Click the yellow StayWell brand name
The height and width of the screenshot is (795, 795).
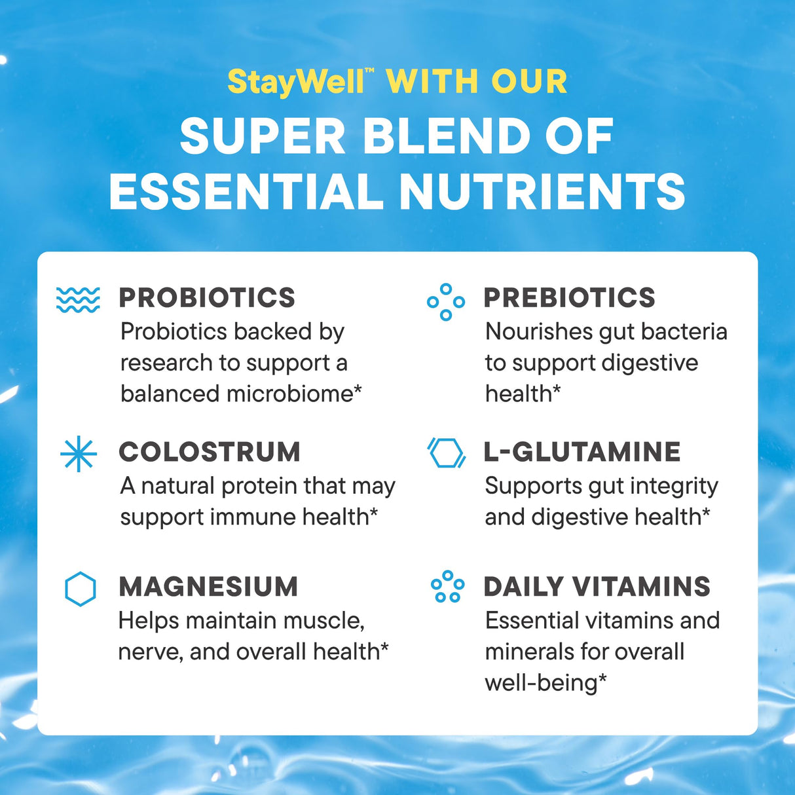pos(295,83)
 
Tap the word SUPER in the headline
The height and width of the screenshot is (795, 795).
pos(262,137)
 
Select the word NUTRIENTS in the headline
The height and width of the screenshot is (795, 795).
pos(542,191)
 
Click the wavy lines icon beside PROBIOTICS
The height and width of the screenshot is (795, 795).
pos(78,299)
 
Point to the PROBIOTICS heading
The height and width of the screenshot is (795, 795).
pos(207,298)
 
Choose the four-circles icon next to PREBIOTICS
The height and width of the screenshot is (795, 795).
pos(446,302)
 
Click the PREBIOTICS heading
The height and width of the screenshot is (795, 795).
pos(569,298)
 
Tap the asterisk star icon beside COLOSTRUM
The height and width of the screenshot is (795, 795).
pos(79,454)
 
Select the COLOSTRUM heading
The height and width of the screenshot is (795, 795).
pos(210,453)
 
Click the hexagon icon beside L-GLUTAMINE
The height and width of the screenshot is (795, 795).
pos(447,453)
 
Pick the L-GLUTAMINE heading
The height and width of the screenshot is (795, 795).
pos(582,453)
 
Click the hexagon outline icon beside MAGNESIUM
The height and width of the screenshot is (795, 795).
pos(81,589)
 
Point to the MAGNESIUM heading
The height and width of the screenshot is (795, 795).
pos(208,587)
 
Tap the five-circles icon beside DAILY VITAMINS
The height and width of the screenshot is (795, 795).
pos(447,587)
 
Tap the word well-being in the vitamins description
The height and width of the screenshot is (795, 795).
pos(541,683)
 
